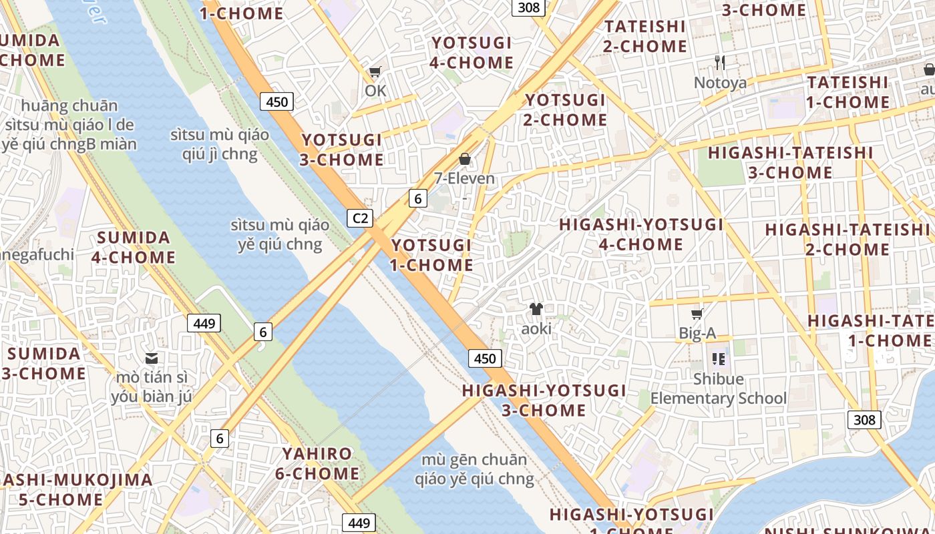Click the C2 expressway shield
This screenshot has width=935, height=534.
(x=360, y=218)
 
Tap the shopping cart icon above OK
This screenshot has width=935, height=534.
(x=375, y=72)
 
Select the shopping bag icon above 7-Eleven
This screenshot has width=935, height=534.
(x=465, y=159)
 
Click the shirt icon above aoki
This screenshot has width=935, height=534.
(x=536, y=309)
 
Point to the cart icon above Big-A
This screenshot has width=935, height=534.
(x=697, y=314)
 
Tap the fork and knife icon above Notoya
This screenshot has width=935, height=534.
(x=720, y=63)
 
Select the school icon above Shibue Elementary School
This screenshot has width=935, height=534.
(x=719, y=359)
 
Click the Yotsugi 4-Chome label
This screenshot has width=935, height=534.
(x=472, y=53)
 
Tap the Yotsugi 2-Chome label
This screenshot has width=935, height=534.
(x=565, y=110)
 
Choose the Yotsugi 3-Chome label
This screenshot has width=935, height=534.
(x=342, y=150)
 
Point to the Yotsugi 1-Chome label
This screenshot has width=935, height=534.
(x=431, y=255)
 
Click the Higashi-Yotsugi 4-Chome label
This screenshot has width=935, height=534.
(x=641, y=234)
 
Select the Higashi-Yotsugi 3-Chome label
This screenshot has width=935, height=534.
(x=544, y=400)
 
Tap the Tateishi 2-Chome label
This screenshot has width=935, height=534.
(x=644, y=37)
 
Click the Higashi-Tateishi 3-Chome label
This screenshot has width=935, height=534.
(x=790, y=163)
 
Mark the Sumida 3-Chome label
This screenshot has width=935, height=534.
(x=44, y=363)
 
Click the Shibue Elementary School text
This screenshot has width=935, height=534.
(x=719, y=389)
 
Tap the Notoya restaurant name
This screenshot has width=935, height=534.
(x=720, y=83)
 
